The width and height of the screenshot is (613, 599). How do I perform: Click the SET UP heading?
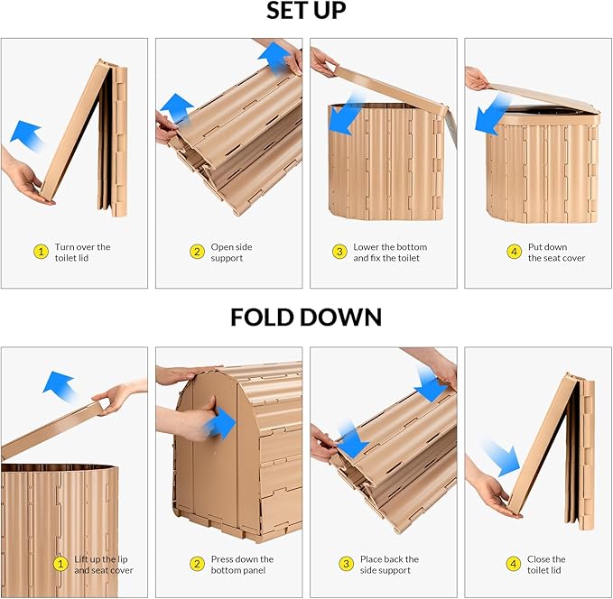pos(306,11)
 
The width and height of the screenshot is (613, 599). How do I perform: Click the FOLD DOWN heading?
pos(306,317)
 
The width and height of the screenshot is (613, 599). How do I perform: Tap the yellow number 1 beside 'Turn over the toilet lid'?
pos(41,252)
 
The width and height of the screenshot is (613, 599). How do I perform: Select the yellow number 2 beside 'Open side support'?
pos(197,252)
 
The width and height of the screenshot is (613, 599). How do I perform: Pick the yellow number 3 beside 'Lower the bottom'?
pos(339,252)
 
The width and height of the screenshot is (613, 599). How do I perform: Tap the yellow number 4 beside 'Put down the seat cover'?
pos(514,252)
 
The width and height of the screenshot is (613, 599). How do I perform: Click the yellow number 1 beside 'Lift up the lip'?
pos(60,564)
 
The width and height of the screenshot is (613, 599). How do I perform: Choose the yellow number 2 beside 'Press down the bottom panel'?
pos(197,564)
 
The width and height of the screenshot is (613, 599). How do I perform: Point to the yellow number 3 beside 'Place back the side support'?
pos(346,564)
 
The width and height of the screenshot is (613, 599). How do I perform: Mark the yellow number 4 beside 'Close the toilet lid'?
pos(514,564)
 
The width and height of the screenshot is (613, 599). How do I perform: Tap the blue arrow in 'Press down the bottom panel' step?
pos(218,423)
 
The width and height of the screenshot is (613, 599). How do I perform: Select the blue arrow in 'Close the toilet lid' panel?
pos(501,458)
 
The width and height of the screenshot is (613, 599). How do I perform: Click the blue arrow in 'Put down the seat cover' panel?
pos(493,115)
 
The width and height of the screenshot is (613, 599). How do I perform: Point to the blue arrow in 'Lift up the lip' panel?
pos(59,386)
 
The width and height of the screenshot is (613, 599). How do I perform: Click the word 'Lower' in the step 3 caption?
pos(365,247)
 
